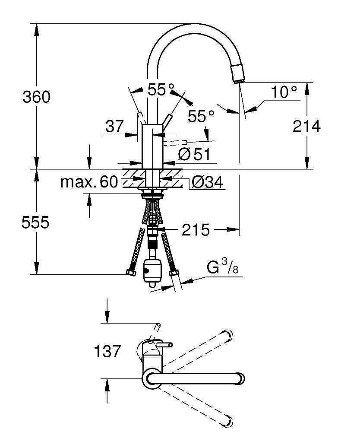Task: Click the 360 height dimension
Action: point(36,97)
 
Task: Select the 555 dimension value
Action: point(35,222)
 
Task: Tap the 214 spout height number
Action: point(306,126)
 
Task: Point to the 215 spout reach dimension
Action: point(196,229)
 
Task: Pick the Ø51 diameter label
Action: point(194,154)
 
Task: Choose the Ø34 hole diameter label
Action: point(207,182)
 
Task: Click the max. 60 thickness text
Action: point(89,182)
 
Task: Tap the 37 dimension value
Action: point(114,127)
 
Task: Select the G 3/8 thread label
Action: point(222,267)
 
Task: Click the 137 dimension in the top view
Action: point(107,351)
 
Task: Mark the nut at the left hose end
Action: point(131,272)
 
